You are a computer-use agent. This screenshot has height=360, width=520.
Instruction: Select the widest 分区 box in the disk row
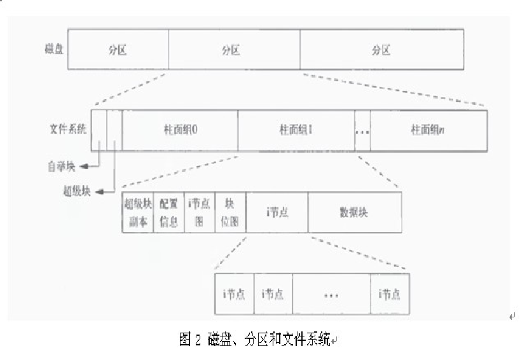click(381, 49)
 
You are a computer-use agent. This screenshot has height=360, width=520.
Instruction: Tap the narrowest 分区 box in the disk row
click(118, 49)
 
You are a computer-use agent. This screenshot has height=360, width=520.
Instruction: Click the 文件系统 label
click(68, 128)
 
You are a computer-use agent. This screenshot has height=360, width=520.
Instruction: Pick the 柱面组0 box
click(180, 129)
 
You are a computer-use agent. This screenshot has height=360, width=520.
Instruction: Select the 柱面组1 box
click(296, 129)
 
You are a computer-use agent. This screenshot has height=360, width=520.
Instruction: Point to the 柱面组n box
click(428, 129)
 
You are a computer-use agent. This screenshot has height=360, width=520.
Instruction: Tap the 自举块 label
click(61, 167)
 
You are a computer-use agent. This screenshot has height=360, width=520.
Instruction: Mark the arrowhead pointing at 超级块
click(97, 190)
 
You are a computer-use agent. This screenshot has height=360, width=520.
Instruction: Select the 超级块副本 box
click(138, 212)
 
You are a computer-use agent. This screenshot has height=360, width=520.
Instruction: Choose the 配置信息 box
click(168, 212)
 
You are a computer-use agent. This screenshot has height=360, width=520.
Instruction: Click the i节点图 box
click(200, 212)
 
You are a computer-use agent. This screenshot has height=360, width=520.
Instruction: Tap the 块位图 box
click(230, 212)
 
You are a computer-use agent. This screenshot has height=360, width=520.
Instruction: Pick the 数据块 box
click(354, 212)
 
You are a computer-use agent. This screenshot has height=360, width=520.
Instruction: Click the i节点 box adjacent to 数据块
click(277, 212)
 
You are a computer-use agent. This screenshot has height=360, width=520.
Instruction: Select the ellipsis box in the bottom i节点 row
click(331, 294)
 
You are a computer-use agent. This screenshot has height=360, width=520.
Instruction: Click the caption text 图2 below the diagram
click(190, 339)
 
